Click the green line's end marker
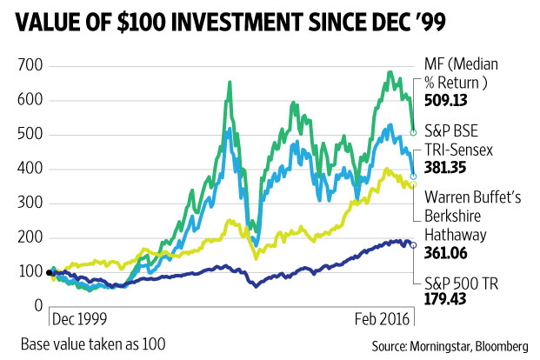tap(414, 132)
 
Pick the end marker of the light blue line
tap(414, 176)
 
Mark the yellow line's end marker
tap(414, 184)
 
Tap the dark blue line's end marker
tap(414, 245)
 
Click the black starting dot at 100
tap(50, 272)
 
